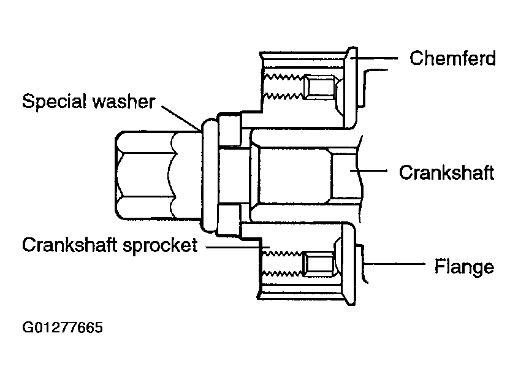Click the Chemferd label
[x=452, y=58]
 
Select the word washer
[x=124, y=101]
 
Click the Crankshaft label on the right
[x=447, y=172]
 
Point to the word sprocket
[x=160, y=246]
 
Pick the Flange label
[x=464, y=266]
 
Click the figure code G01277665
[x=63, y=327]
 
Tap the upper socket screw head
[x=321, y=86]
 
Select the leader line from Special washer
[x=181, y=118]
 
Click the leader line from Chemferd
[x=375, y=58]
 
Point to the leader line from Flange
[x=394, y=264]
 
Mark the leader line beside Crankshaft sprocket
[x=237, y=247]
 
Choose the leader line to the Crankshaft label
[x=368, y=171]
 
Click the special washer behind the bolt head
[x=210, y=176]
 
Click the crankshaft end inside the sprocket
[x=304, y=175]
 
